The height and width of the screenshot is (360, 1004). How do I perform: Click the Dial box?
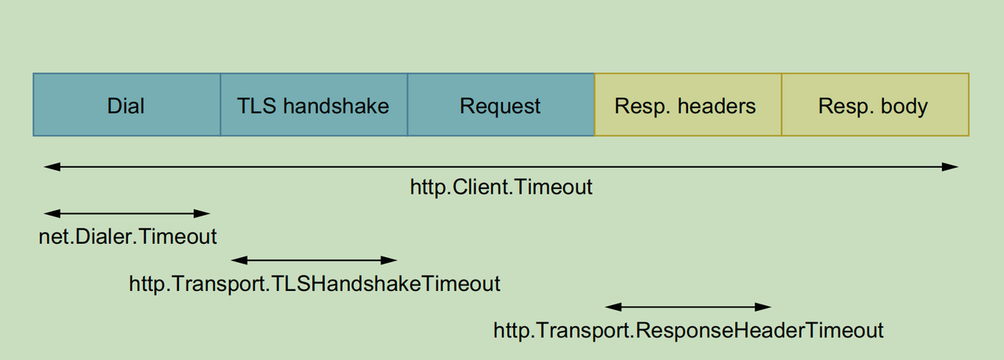pyautogui.click(x=126, y=105)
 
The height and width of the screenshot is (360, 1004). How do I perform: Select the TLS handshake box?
pyautogui.click(x=313, y=105)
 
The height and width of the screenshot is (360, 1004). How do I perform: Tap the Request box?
pyautogui.click(x=500, y=105)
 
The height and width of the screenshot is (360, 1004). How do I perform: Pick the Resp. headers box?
pyautogui.click(x=687, y=105)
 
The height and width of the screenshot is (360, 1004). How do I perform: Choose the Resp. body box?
pyautogui.click(x=875, y=105)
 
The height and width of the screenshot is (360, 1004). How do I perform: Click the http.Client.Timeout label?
pyautogui.click(x=501, y=188)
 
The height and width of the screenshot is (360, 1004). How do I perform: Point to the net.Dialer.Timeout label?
pyautogui.click(x=128, y=236)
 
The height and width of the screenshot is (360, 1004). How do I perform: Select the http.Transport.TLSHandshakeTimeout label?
pyautogui.click(x=315, y=283)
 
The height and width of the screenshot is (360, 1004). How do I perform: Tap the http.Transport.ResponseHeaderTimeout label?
pyautogui.click(x=688, y=330)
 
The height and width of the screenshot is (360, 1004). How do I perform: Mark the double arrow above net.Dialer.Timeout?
pyautogui.click(x=127, y=213)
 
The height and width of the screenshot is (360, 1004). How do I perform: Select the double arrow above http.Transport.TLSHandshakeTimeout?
pyautogui.click(x=315, y=260)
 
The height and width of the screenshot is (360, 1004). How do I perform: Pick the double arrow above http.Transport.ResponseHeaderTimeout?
pyautogui.click(x=688, y=307)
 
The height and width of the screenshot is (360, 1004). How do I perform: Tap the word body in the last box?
pyautogui.click(x=904, y=105)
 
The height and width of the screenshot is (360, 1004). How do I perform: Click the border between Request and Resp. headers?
pyautogui.click(x=595, y=105)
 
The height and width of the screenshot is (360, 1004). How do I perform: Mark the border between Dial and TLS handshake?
pyautogui.click(x=220, y=105)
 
